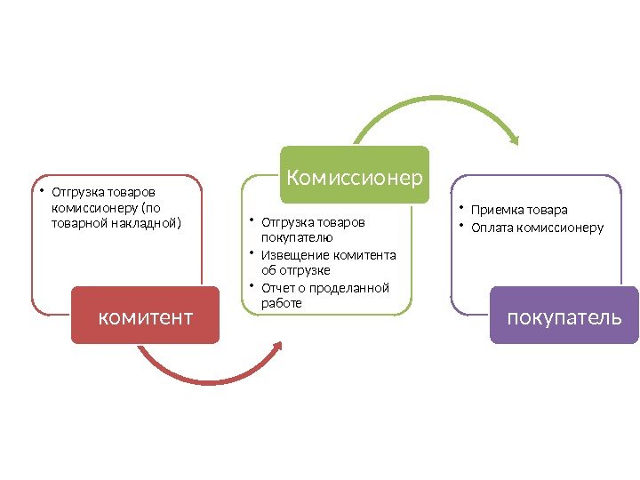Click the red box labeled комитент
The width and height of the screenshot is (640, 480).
click(145, 315)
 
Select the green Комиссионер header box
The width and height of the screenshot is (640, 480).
click(355, 176)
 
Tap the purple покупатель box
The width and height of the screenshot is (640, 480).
click(564, 315)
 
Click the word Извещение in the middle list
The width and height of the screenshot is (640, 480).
click(292, 255)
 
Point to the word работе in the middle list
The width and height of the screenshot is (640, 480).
click(282, 303)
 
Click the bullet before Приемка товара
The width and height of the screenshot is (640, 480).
click(462, 209)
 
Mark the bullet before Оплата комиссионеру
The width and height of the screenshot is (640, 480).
click(462, 226)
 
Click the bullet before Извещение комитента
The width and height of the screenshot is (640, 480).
click(252, 253)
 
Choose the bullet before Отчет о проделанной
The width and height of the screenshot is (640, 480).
click(252, 286)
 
